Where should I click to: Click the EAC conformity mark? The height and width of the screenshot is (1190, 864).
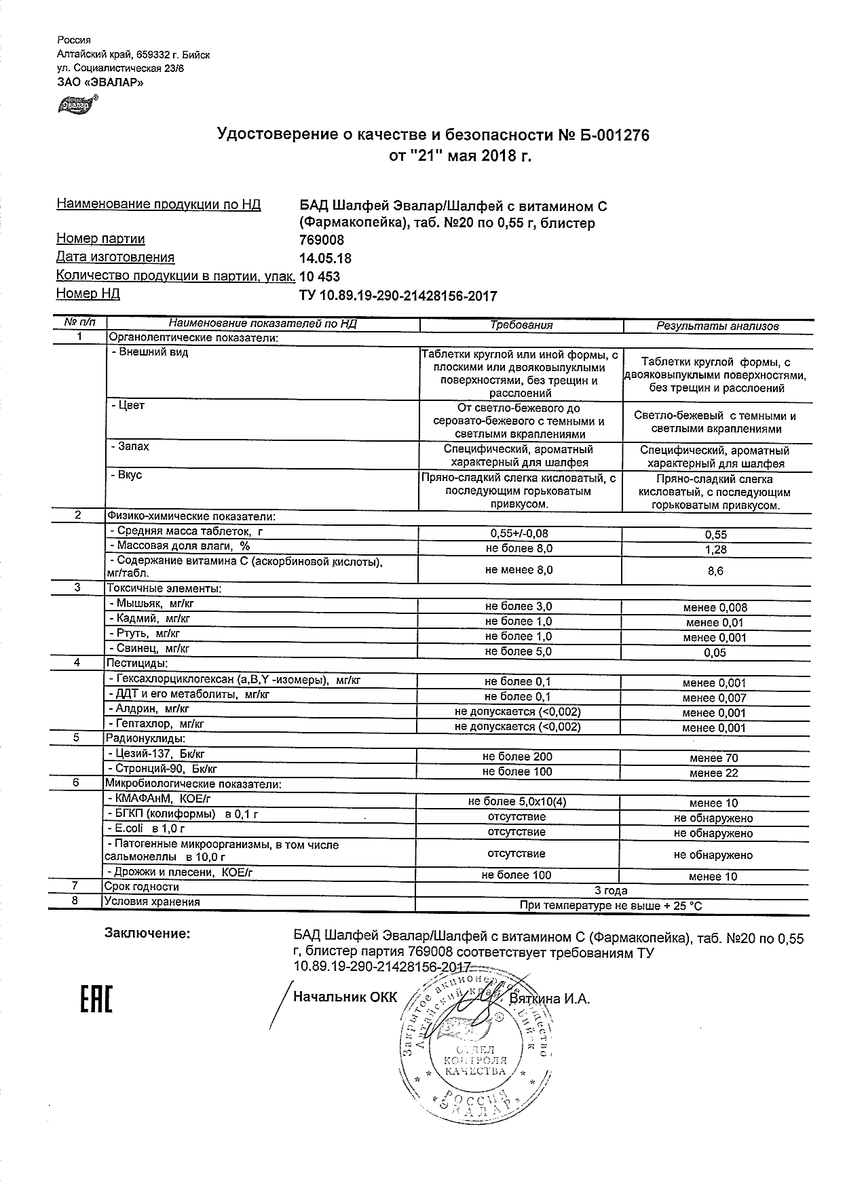pos(96,999)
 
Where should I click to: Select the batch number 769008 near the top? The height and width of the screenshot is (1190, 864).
pos(321,240)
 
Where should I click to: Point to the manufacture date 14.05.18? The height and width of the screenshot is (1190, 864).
pos(325,258)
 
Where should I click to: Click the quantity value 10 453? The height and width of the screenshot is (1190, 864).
pos(319,277)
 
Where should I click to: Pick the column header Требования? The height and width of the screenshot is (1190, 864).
pos(521,325)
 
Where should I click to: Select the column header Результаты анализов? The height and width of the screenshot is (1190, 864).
pos(717,326)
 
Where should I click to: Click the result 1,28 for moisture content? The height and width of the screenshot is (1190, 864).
pos(715,550)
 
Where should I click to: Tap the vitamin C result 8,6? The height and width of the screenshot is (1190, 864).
pos(715,571)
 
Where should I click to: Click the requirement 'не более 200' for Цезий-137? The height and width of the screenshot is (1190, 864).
pos(517,756)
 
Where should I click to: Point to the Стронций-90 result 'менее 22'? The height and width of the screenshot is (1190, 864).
pos(714,773)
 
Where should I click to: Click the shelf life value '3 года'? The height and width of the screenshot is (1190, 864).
pos(611,890)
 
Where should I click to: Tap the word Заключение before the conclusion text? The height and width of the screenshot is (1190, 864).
pos(147,934)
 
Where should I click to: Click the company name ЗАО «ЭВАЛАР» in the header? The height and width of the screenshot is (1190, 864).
pos(100,83)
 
